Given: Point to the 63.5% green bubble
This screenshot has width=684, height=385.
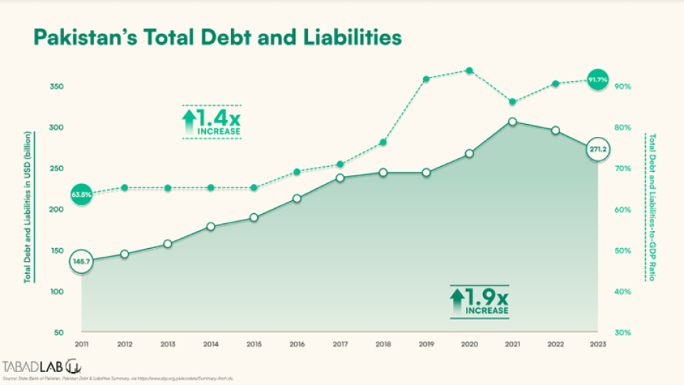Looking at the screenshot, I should [82, 194].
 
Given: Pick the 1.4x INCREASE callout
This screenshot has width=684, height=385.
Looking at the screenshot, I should [211, 122].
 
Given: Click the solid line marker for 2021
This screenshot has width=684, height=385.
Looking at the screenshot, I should [512, 122].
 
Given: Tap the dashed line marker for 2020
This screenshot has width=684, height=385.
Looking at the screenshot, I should [469, 71].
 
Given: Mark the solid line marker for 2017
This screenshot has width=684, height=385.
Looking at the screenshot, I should [340, 178].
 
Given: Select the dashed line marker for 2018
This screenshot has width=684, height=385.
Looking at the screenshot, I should [383, 143].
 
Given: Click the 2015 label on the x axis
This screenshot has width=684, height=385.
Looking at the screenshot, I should [254, 344].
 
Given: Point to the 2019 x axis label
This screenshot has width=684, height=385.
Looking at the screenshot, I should [426, 344].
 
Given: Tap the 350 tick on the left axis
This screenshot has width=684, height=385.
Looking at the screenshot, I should [58, 87].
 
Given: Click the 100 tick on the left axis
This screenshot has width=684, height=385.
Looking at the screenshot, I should [58, 292].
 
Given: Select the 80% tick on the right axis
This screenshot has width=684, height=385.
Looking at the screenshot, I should [621, 128].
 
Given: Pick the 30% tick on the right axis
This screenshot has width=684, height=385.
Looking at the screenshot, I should [621, 333].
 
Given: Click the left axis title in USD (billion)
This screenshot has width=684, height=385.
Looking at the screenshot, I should [28, 207].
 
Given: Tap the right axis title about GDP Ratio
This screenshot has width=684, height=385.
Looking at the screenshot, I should [650, 207].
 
